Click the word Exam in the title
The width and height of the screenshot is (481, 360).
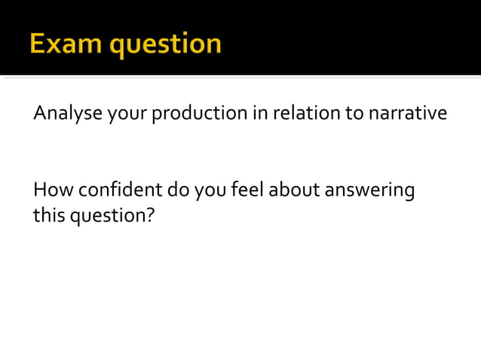pos(66,43)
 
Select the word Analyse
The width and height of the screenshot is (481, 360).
pos(67,114)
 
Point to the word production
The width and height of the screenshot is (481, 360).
pos(200,114)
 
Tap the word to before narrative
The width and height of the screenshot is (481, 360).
pos(354,114)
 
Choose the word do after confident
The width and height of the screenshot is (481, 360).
pos(179,190)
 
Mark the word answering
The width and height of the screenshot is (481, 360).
pos(369,191)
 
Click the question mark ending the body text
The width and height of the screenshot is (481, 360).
pos(150,215)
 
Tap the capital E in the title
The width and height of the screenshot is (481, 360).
pos(38,43)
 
